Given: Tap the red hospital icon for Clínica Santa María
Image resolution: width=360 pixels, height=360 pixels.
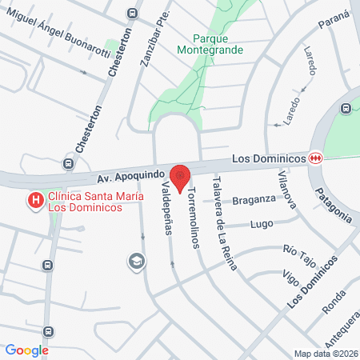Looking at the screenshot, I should (36, 201).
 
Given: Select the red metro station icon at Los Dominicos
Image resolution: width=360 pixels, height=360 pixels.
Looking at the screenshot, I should (318, 158).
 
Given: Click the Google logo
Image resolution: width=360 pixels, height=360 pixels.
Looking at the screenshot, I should (27, 350).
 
